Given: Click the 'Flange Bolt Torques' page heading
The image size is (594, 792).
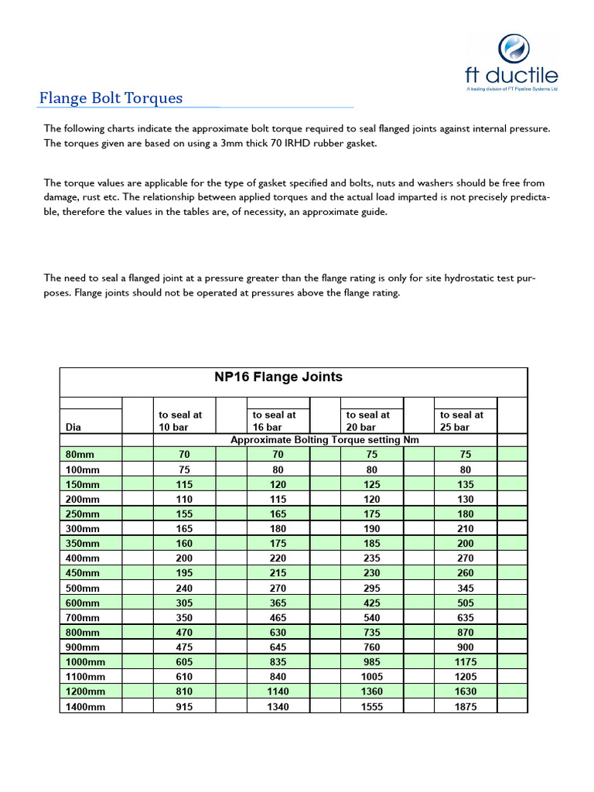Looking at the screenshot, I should [x=111, y=98].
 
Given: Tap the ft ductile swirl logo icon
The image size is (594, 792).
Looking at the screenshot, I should [x=511, y=49].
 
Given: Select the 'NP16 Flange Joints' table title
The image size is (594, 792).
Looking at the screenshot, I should [x=278, y=377].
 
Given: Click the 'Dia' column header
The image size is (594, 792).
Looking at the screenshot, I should [x=73, y=427].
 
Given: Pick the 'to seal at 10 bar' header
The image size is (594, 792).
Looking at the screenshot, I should [x=180, y=421].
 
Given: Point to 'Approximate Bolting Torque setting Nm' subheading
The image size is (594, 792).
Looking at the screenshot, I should [x=325, y=440].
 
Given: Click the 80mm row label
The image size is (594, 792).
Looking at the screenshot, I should [x=79, y=455].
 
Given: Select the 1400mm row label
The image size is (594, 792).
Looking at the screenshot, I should [x=84, y=706].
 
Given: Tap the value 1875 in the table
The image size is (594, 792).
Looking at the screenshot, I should [x=466, y=706].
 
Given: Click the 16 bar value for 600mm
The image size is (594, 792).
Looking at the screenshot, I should [x=278, y=603].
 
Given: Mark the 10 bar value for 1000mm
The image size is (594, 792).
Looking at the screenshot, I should [x=184, y=661].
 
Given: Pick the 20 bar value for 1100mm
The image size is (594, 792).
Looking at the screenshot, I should [x=371, y=677].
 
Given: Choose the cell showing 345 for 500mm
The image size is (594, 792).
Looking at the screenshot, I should [x=466, y=588].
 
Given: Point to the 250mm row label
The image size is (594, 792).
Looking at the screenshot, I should [x=81, y=514].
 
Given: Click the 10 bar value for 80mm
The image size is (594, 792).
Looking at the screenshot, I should [x=184, y=455].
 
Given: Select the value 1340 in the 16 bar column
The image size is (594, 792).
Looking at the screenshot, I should [x=278, y=706].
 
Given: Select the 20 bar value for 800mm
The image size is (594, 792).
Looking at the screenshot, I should [x=371, y=632].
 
